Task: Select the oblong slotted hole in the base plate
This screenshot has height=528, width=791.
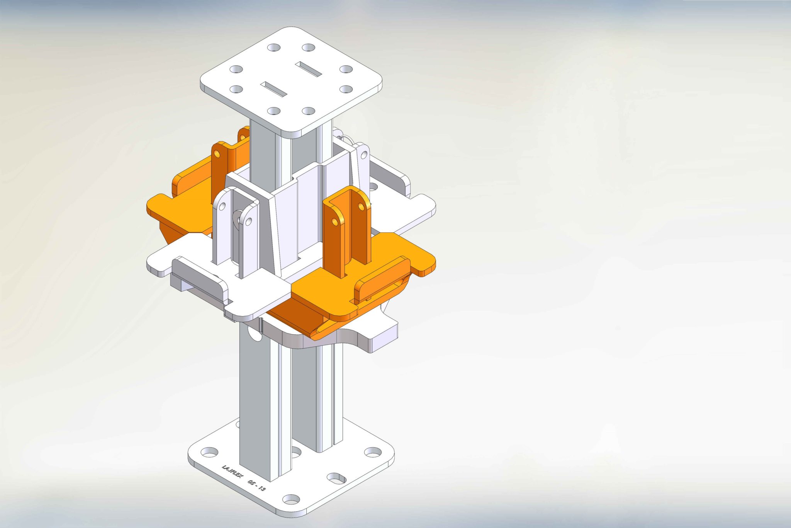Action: coord(336,479)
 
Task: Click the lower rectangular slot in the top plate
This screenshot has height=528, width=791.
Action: coord(273,89)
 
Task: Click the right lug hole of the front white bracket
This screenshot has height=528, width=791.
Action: coord(248,221)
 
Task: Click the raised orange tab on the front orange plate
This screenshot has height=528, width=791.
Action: coord(382,278)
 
